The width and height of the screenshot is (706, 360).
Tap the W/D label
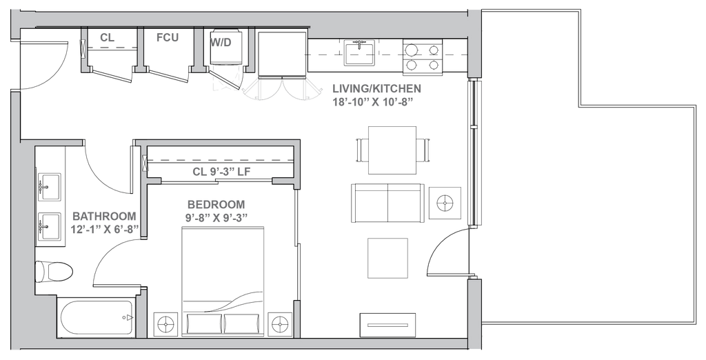(x=221, y=41)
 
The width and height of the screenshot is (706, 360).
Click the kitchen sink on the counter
(x=359, y=52)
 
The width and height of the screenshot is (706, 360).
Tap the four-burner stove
(x=423, y=57)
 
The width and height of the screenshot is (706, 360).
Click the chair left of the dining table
(x=360, y=149)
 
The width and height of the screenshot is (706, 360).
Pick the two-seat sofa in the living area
(x=388, y=201)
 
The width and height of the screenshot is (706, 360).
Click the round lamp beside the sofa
(x=445, y=202)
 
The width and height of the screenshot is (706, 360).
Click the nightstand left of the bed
(x=165, y=323)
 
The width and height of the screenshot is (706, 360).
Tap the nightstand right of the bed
(x=279, y=323)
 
